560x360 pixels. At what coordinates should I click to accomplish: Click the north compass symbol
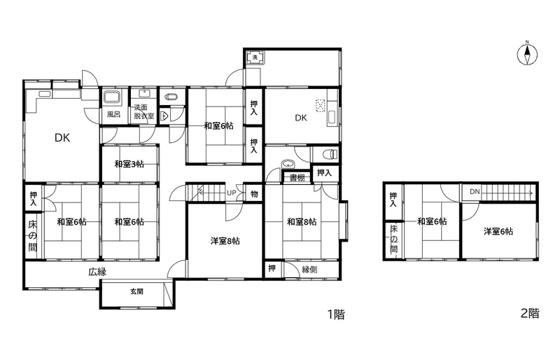527,55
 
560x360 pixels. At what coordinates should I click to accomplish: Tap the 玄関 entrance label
136,291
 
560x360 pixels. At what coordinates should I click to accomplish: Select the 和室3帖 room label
129,164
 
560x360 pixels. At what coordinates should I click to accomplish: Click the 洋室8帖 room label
225,241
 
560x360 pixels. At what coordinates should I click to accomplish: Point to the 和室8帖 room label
302,222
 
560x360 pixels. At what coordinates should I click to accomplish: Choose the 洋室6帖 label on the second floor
498,231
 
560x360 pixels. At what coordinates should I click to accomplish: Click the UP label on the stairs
232,193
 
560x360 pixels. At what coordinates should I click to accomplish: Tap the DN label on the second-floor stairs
475,192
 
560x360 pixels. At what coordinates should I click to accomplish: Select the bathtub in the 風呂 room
113,98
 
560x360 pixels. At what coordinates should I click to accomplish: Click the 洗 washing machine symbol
255,57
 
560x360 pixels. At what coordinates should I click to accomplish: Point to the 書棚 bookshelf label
297,177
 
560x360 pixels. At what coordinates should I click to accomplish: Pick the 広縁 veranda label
97,272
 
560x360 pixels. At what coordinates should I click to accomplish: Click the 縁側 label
309,269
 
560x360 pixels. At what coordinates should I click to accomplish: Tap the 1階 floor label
336,314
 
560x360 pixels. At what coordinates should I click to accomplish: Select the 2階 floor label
530,313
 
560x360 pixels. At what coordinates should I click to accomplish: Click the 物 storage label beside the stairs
254,194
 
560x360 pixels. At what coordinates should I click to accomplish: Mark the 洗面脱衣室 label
144,111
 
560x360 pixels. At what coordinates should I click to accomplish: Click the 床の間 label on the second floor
393,238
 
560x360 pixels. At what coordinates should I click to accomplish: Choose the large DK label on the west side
62,138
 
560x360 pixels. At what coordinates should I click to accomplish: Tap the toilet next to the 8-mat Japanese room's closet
330,155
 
